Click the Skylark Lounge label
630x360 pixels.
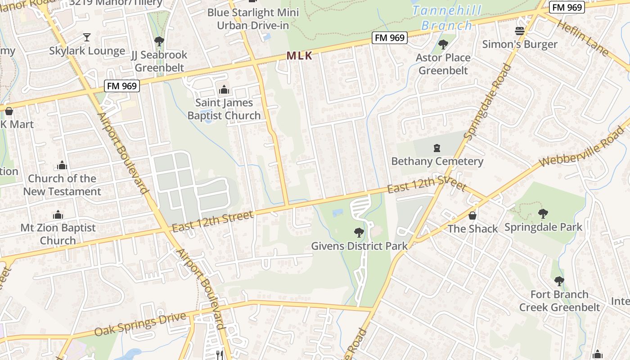87,51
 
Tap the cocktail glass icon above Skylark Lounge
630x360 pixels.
87,37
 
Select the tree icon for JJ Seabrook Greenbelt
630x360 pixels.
159,41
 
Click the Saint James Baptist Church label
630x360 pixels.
224,109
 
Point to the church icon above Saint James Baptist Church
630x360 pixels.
224,90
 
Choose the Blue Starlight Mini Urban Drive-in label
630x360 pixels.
253,18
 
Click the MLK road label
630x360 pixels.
299,56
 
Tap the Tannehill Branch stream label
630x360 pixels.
446,18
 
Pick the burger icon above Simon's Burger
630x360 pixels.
520,31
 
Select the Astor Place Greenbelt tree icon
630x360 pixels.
443,45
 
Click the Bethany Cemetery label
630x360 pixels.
437,161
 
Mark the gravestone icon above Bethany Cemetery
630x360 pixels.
436,148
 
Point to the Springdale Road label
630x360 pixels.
488,101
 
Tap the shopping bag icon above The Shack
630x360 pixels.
472,216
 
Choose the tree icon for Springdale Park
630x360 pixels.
543,213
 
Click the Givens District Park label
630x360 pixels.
359,246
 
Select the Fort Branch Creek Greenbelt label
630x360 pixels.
559,301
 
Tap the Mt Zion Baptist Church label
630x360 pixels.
58,234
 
